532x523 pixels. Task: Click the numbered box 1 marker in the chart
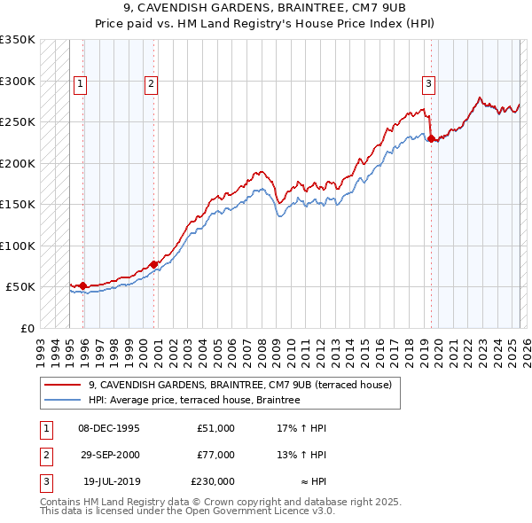point(80,84)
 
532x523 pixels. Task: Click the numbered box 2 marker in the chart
point(152,84)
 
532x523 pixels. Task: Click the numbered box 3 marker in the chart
point(428,84)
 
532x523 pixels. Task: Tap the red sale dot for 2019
point(431,138)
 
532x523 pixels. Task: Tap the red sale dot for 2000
point(154,264)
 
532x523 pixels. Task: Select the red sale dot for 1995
point(83,285)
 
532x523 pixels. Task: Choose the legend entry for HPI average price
point(194,400)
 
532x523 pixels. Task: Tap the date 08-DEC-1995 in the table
point(109,428)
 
